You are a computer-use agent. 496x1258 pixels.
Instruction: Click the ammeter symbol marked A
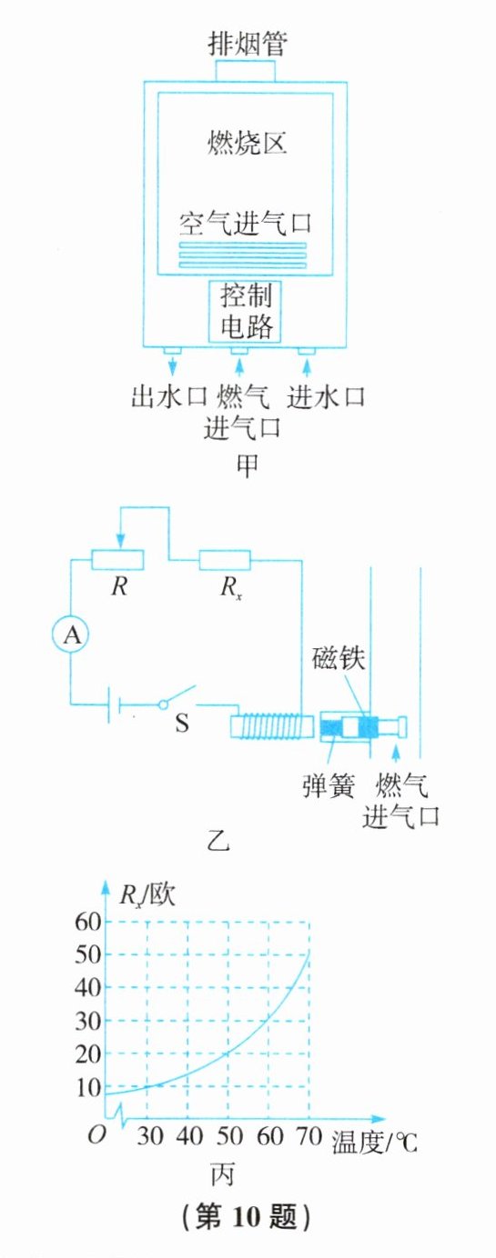[x=71, y=634]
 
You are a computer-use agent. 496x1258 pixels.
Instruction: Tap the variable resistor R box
[x=117, y=561]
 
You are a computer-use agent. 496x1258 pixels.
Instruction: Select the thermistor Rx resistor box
[x=225, y=561]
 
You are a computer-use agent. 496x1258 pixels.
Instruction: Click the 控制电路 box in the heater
[x=245, y=311]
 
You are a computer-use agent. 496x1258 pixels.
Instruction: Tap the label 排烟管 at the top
[x=248, y=44]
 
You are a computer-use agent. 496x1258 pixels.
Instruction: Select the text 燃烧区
[x=248, y=142]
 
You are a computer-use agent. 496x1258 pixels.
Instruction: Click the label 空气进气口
[x=245, y=224]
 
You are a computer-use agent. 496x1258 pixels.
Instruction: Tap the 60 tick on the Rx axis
[x=88, y=922]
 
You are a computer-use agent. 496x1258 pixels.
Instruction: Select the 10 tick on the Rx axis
[x=88, y=1088]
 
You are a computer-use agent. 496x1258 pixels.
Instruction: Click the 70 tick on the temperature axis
[x=309, y=1136]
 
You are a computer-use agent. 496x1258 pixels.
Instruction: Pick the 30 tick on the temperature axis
[x=149, y=1136]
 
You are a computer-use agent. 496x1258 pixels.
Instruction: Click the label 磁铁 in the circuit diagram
[x=339, y=658]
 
